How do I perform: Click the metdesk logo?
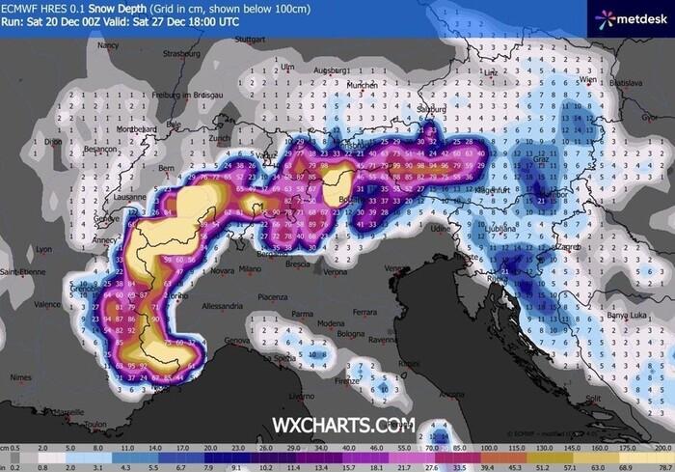[632, 16]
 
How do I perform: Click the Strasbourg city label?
[181, 54]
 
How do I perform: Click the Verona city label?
[337, 271]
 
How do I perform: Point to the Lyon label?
[43, 249]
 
